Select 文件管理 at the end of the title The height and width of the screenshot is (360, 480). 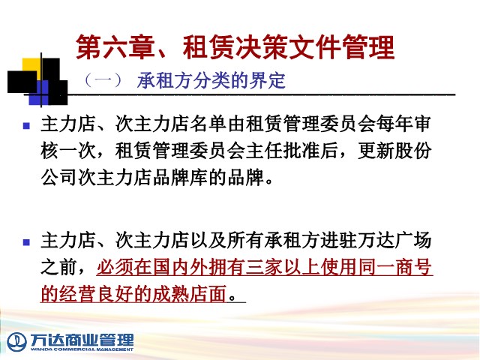click(x=342, y=46)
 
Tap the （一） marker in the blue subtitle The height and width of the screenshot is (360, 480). click(x=103, y=80)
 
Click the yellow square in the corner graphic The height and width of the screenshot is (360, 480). click(x=31, y=65)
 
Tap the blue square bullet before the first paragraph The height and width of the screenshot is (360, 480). click(x=27, y=125)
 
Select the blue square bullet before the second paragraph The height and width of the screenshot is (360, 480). click(x=27, y=242)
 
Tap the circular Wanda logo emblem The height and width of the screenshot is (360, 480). click(x=16, y=342)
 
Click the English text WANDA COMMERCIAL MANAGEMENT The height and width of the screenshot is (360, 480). click(x=82, y=349)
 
